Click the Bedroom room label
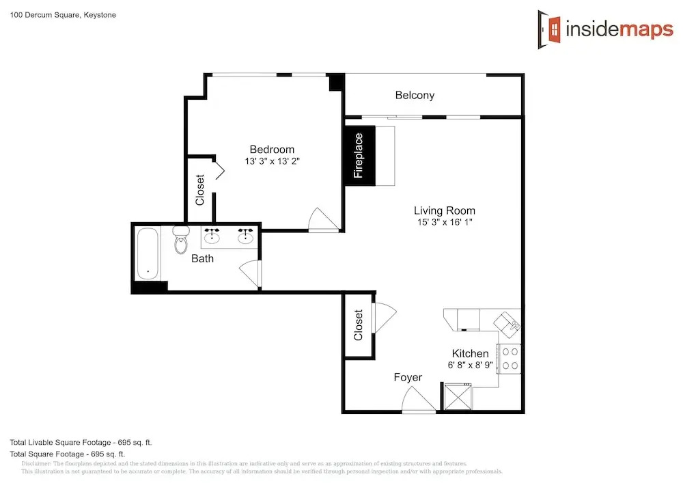(272, 150)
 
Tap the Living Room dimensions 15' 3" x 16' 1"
(445, 222)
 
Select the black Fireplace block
(360, 156)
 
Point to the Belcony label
(415, 96)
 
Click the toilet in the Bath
(181, 240)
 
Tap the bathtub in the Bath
(148, 253)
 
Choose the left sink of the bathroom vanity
(212, 235)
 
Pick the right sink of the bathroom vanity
(245, 235)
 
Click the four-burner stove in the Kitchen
(510, 359)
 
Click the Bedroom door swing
(323, 219)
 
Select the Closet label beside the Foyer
(359, 325)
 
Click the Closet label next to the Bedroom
(200, 190)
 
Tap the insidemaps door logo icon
(549, 29)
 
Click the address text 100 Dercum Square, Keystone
(63, 15)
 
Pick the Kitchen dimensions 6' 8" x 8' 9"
(470, 365)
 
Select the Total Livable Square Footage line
(81, 443)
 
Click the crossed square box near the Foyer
(458, 397)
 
